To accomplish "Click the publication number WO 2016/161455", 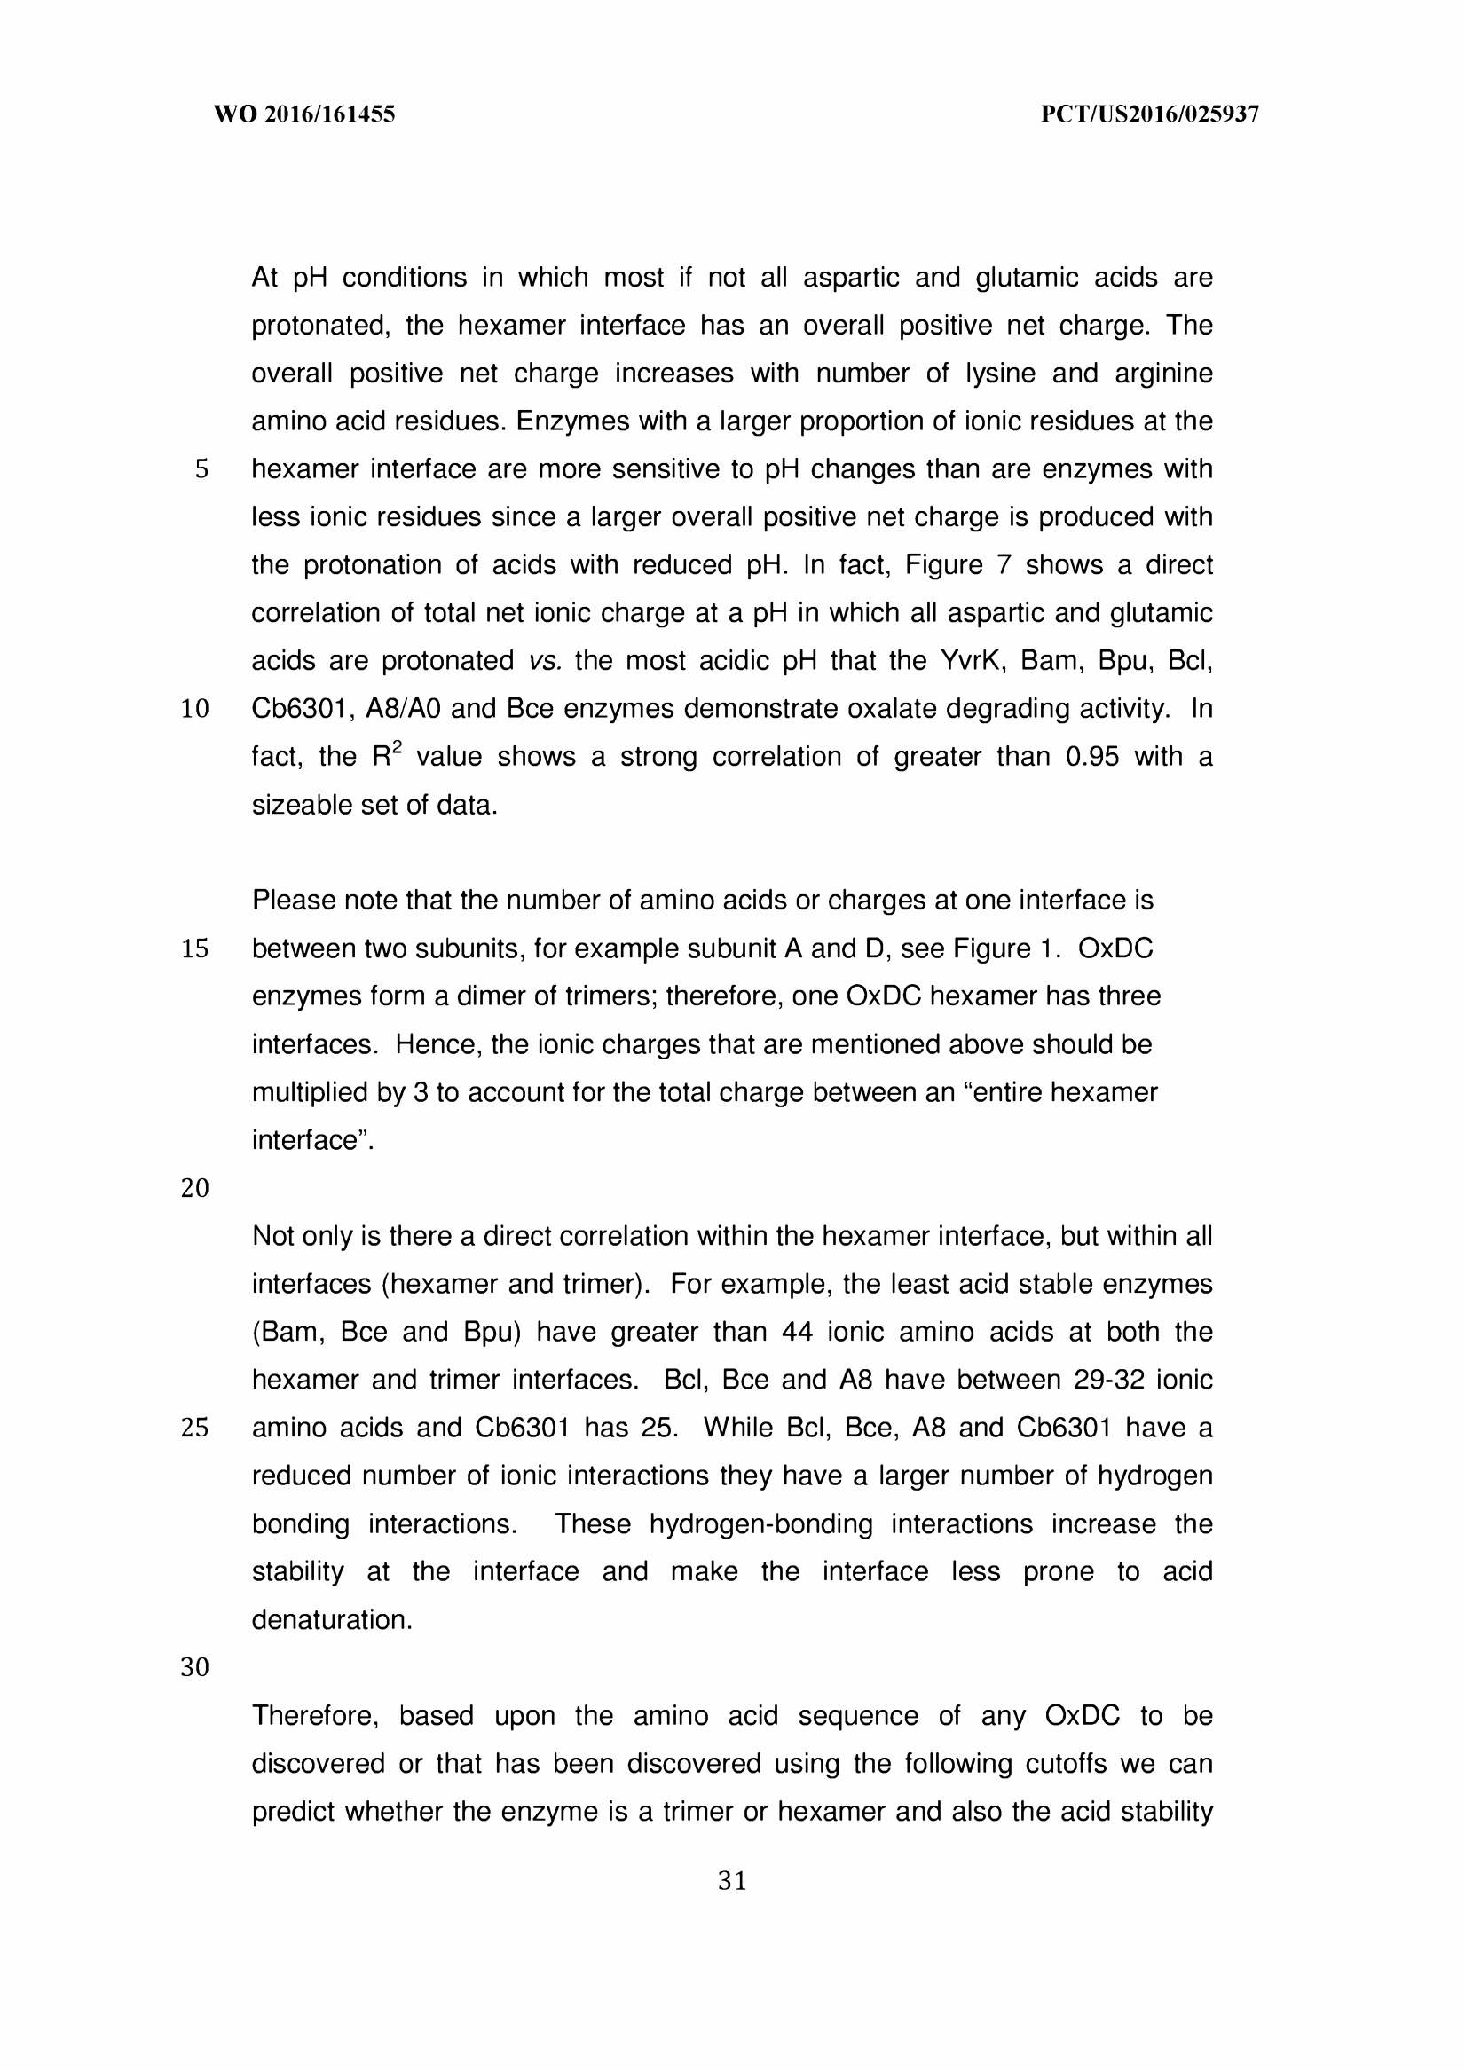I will click(x=304, y=114).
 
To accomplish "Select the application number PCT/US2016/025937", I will click(x=1149, y=114).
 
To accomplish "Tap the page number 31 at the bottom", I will click(x=731, y=1881).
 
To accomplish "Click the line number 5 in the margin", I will click(x=201, y=470).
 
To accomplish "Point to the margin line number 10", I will click(x=195, y=710).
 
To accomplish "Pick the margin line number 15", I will click(x=195, y=948).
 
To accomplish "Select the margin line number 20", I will click(x=195, y=1189).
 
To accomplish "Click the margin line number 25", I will click(x=195, y=1428).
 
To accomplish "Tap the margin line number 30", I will click(x=195, y=1668).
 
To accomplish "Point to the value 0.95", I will click(x=1091, y=757).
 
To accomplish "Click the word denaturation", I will click(x=331, y=1620).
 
